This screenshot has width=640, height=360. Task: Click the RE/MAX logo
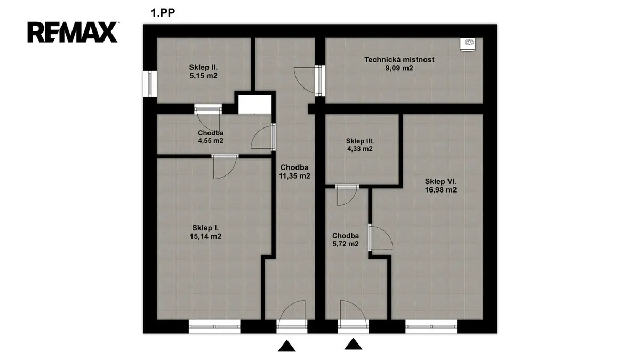click(73, 33)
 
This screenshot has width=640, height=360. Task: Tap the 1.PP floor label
click(163, 13)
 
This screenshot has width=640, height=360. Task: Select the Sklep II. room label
click(203, 67)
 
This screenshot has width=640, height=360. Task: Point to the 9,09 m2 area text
click(399, 68)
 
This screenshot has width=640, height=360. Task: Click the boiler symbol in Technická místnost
click(468, 44)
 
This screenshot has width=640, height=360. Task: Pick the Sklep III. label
click(359, 141)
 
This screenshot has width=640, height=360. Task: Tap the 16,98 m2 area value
click(441, 190)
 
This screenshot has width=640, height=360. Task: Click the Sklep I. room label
click(205, 228)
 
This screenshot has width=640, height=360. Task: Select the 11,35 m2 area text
click(294, 176)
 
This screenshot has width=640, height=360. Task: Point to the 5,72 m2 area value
click(346, 244)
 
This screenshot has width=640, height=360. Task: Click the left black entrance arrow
click(286, 346)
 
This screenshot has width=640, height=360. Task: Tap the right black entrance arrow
click(353, 344)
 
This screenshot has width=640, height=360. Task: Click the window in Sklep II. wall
click(150, 84)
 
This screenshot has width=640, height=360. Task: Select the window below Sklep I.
click(214, 326)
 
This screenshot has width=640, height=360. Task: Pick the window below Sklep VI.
click(431, 326)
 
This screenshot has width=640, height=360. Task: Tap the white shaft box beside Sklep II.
click(254, 105)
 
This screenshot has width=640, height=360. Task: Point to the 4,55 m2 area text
click(211, 141)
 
